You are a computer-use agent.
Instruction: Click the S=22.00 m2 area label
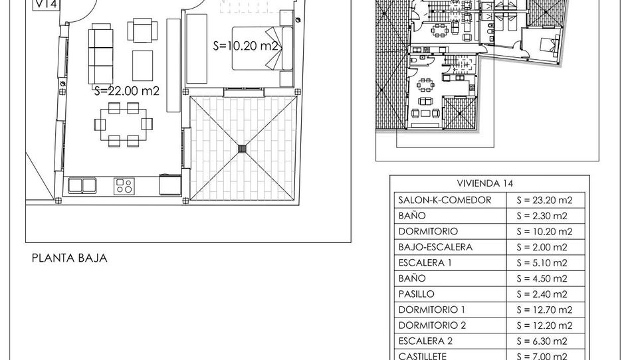click(x=127, y=91)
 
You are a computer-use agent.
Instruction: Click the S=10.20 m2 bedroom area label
click(x=245, y=46)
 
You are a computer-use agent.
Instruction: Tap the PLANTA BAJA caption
click(x=70, y=258)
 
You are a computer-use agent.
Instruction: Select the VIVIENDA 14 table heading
click(x=485, y=183)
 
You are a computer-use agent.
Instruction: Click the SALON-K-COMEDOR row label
click(x=445, y=200)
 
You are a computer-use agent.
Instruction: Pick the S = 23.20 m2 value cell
click(x=544, y=201)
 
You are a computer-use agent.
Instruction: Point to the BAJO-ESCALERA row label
click(x=435, y=247)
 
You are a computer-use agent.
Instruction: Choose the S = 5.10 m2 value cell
click(x=542, y=263)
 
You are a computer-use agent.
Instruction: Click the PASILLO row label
click(x=416, y=294)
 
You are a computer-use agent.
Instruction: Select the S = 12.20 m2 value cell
click(x=544, y=326)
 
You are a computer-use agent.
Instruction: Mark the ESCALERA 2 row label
click(x=425, y=341)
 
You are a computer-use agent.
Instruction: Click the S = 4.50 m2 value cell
click(x=542, y=279)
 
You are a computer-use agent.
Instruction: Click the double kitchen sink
click(x=82, y=185)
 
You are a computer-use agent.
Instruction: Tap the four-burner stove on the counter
click(x=123, y=186)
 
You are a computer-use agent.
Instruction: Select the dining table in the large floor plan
click(x=124, y=124)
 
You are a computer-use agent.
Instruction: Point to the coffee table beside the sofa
click(x=143, y=66)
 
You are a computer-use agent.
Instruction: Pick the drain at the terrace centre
click(x=243, y=149)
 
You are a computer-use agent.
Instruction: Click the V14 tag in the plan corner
click(x=47, y=5)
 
